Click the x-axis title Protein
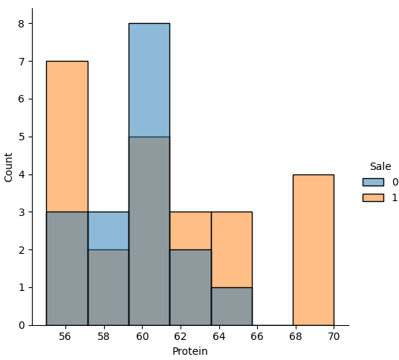pyautogui.click(x=189, y=351)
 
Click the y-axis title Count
pyautogui.click(x=9, y=167)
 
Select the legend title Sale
pyautogui.click(x=380, y=167)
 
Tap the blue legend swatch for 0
pyautogui.click(x=373, y=182)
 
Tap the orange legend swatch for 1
pyautogui.click(x=373, y=197)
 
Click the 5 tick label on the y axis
pyautogui.click(x=22, y=137)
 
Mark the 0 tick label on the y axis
pyautogui.click(x=22, y=325)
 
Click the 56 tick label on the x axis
pyautogui.click(x=65, y=337)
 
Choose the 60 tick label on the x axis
pyautogui.click(x=142, y=337)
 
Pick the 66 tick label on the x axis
pyautogui.click(x=257, y=337)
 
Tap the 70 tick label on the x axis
pyautogui.click(x=334, y=337)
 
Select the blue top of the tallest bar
pyautogui.click(x=149, y=80)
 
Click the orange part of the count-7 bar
pyautogui.click(x=67, y=137)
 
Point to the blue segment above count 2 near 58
pyautogui.click(x=108, y=231)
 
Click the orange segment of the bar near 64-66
pyautogui.click(x=231, y=249)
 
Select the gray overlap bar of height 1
pyautogui.click(x=231, y=306)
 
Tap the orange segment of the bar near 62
pyautogui.click(x=189, y=231)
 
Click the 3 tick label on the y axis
pyautogui.click(x=22, y=212)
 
